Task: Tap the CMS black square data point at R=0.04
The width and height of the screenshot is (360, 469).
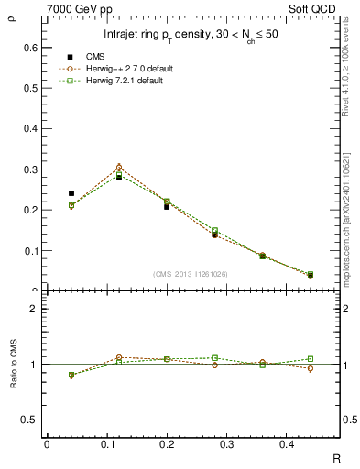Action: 71,193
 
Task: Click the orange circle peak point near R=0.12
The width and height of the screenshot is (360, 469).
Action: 119,168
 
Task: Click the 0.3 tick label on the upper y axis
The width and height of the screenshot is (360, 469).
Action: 32,169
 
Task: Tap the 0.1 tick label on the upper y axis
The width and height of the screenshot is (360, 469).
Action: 32,250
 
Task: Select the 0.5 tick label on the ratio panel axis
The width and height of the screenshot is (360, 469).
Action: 32,420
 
